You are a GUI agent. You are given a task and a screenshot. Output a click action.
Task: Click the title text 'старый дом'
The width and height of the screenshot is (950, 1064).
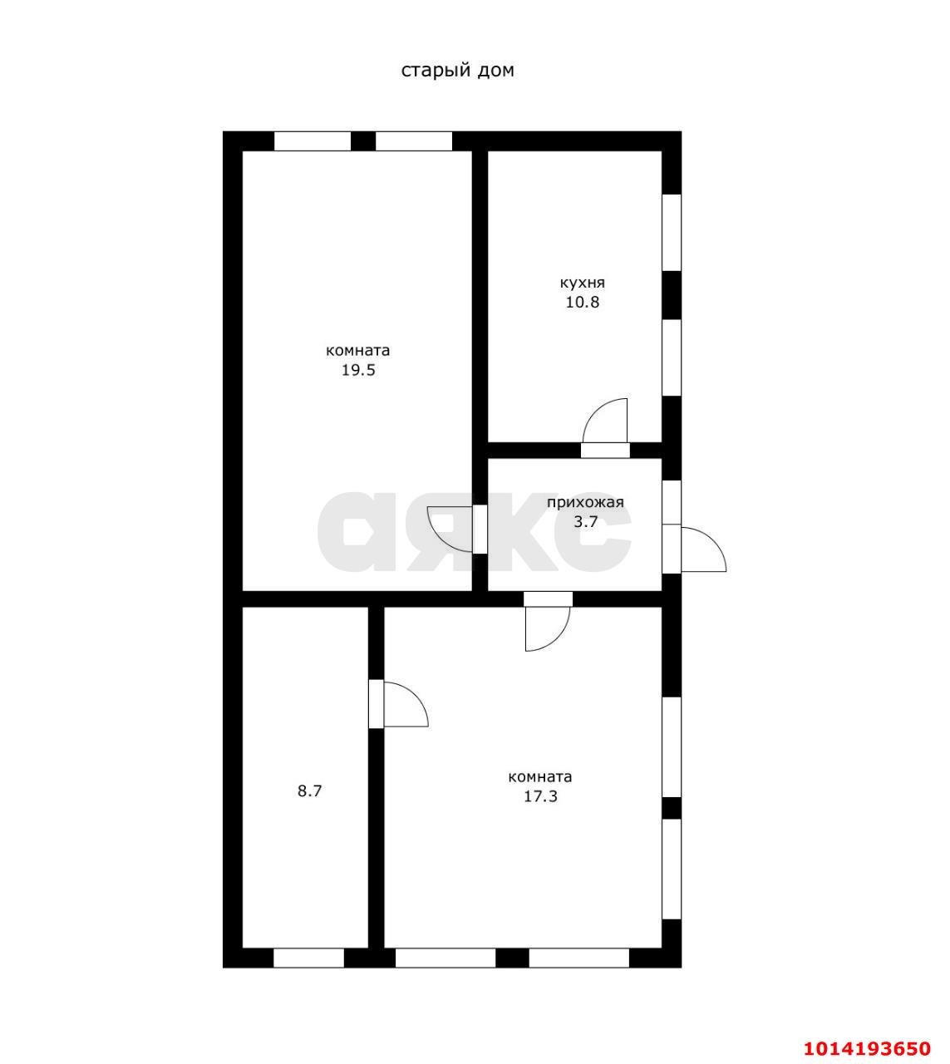pyautogui.click(x=457, y=71)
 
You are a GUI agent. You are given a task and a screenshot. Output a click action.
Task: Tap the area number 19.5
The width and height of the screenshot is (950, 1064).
pyautogui.click(x=359, y=370)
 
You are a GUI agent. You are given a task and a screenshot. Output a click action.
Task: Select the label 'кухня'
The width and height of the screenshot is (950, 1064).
pyautogui.click(x=583, y=283)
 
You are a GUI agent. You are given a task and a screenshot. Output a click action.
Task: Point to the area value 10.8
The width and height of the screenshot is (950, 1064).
pyautogui.click(x=583, y=303)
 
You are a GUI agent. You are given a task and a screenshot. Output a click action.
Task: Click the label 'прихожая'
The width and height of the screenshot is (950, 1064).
pyautogui.click(x=586, y=503)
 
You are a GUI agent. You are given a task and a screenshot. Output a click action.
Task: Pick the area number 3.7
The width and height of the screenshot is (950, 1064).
pyautogui.click(x=586, y=522)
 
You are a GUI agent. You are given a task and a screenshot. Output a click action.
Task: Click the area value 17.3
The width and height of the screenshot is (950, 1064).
pyautogui.click(x=540, y=796)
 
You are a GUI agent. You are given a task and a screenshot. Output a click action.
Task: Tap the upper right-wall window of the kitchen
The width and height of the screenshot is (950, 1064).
pyautogui.click(x=672, y=233)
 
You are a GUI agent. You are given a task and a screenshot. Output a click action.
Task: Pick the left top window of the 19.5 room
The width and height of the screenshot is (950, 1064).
pyautogui.click(x=312, y=141)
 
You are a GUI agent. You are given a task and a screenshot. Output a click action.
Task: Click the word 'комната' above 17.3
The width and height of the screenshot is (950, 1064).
pyautogui.click(x=540, y=776)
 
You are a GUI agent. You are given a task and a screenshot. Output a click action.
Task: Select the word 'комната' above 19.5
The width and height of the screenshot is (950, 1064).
pyautogui.click(x=358, y=350)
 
